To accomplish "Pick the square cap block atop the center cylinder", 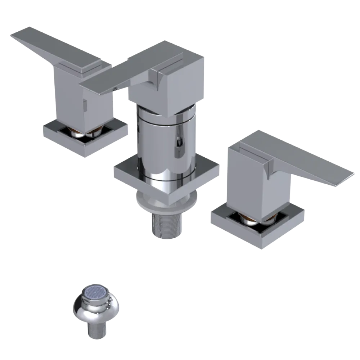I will [x=180, y=86].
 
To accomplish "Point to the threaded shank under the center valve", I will [x=166, y=225].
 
